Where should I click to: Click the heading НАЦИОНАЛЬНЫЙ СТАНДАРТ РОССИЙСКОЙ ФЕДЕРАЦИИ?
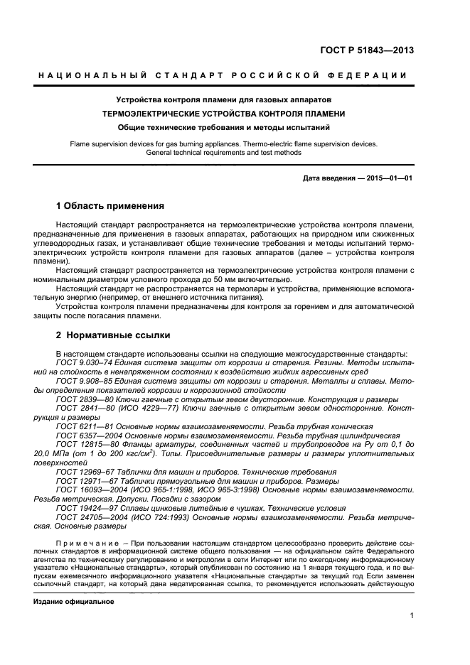click(x=222, y=76)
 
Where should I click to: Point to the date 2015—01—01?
click(x=389, y=178)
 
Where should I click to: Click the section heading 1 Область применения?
click(x=110, y=206)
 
